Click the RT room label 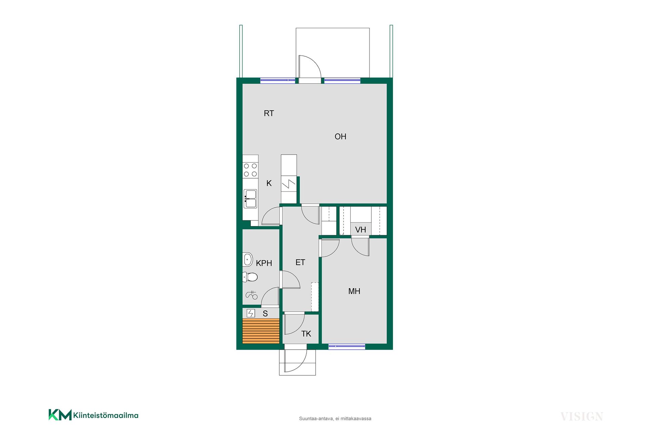269,113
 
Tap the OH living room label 340,136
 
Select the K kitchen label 269,183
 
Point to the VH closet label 360,230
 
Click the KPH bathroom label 264,263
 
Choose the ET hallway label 300,262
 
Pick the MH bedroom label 354,291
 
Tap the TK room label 306,334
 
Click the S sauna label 265,313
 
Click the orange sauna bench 261,331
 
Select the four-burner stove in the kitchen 250,170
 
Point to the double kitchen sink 250,199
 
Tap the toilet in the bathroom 250,277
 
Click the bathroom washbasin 248,259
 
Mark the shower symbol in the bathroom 252,295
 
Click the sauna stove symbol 251,313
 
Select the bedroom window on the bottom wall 347,346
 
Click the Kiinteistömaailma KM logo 93,415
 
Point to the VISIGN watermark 582,417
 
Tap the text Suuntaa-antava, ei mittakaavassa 335,419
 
